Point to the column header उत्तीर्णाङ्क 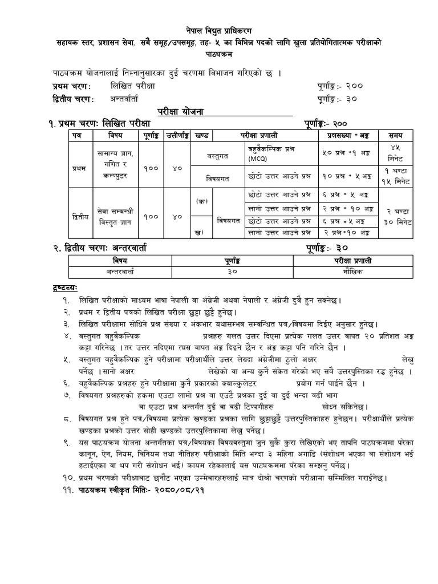177,135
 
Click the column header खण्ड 201,135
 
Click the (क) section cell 201,201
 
